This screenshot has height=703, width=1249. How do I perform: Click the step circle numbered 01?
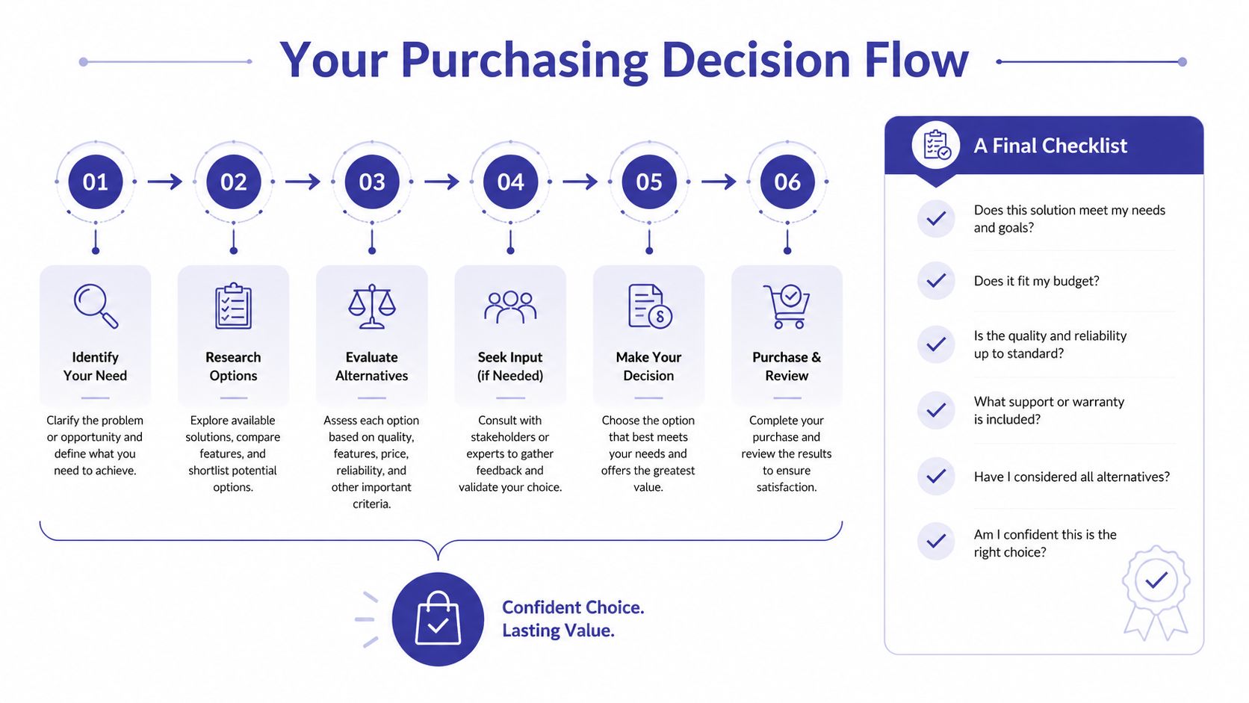[96, 182]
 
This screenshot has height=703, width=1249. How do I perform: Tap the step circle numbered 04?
[510, 182]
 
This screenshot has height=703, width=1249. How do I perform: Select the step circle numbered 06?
[787, 182]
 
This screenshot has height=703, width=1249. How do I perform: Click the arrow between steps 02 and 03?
[303, 182]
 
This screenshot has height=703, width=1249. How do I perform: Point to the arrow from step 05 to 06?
[718, 182]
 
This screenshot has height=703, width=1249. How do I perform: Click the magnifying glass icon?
[96, 306]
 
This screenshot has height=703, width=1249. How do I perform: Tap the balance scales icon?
[372, 306]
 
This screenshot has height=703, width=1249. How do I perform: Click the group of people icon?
[510, 307]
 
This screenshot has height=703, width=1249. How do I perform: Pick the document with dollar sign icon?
[650, 306]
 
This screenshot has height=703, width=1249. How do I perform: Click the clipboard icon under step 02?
[234, 306]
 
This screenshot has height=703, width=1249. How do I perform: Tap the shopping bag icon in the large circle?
[438, 619]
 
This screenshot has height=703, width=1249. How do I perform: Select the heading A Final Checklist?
[1050, 146]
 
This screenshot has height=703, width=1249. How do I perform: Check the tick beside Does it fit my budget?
[936, 280]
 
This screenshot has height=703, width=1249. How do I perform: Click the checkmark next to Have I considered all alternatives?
[936, 476]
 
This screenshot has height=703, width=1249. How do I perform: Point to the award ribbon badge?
[1156, 592]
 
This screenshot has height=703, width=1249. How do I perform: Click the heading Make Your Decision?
[648, 366]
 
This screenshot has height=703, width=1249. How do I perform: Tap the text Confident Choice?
[573, 607]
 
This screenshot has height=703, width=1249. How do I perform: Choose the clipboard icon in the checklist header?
[937, 145]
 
